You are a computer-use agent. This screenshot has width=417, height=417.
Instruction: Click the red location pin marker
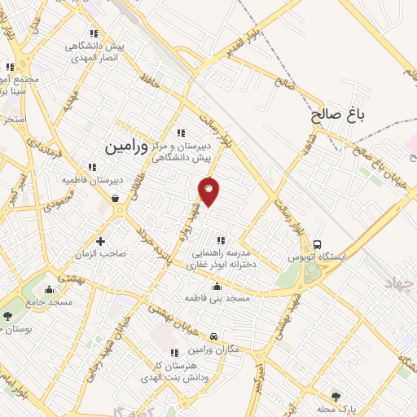[x=209, y=191]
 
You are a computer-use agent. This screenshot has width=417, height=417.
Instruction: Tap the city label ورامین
[x=128, y=147]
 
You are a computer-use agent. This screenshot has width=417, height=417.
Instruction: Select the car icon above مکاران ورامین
[x=213, y=336]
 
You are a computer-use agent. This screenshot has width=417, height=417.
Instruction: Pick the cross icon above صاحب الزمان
[x=101, y=241]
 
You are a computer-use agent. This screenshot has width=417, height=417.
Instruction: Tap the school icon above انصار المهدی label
[x=94, y=33]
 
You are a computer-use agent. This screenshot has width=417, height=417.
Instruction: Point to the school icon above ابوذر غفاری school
[x=220, y=239]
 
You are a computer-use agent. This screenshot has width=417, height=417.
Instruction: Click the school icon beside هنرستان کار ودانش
[x=173, y=353]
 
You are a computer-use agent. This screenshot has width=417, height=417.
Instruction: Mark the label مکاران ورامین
[x=213, y=349]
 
